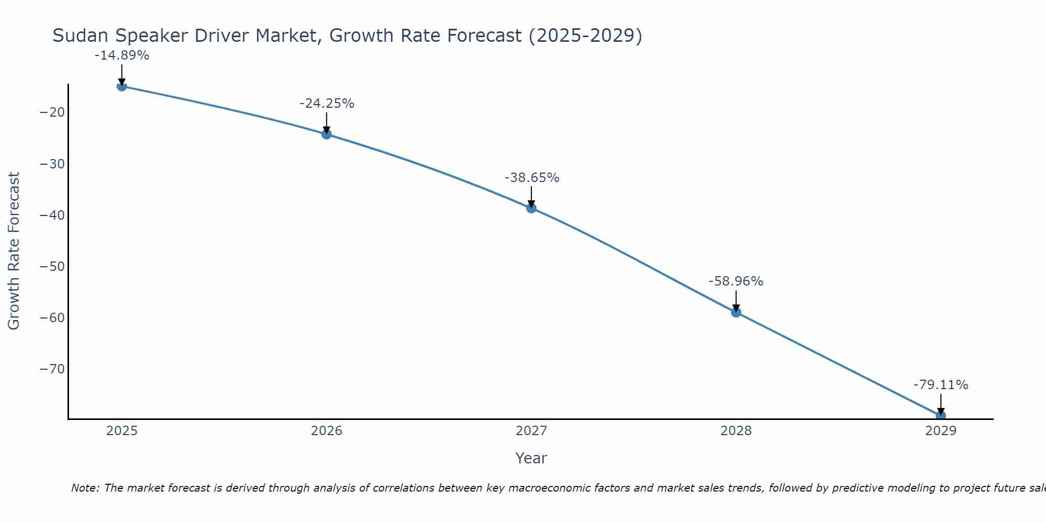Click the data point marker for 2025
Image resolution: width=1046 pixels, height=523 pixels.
coord(122,86)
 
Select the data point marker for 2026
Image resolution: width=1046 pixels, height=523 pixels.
coord(326,134)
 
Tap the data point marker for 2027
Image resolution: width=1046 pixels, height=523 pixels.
coord(531,208)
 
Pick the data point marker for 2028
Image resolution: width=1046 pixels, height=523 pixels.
coord(736,313)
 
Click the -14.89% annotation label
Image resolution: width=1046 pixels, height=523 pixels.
coord(122,55)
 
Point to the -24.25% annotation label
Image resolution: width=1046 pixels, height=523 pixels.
coord(327,104)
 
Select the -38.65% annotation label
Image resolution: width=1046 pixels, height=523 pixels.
coord(532,178)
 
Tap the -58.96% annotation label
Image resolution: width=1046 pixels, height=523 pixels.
coord(736,281)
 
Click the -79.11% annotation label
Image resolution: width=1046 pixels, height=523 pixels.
coord(941,385)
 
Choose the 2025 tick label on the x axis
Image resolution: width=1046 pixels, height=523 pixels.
coord(122,431)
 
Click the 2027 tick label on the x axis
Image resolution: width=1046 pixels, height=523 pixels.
coord(531,431)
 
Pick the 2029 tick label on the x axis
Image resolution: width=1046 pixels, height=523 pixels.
coord(941,431)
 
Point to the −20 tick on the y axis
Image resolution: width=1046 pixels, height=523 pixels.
coord(52,112)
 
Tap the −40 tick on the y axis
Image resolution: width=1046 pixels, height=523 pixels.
coord(52,215)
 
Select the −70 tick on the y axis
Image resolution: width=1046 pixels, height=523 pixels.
coord(52,369)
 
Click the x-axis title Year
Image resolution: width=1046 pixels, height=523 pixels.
coord(531,458)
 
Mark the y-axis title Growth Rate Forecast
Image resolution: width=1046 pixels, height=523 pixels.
coord(14,251)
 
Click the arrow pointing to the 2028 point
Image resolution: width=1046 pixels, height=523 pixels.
coord(736,301)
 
